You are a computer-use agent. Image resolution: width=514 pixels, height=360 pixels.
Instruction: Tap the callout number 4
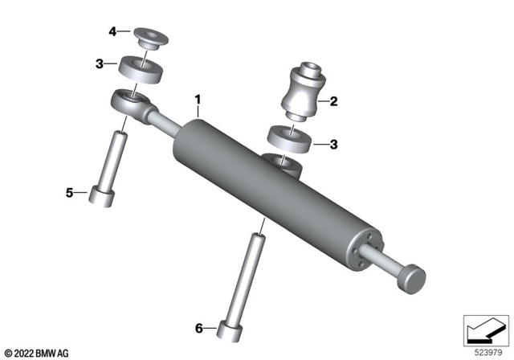tap(113, 31)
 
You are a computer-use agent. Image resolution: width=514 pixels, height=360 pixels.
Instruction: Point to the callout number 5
tap(69, 192)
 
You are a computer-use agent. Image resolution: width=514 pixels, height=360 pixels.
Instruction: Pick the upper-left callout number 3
tap(99, 63)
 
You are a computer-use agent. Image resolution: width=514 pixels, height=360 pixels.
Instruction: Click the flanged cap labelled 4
tap(147, 38)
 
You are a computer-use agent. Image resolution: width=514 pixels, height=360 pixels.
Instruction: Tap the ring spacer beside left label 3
tap(144, 67)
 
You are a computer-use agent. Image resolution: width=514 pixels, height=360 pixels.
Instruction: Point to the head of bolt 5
tap(104, 197)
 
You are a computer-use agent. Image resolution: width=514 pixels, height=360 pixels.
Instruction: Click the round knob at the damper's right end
tap(414, 277)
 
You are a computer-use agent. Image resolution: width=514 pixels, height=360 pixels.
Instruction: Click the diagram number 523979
tap(484, 352)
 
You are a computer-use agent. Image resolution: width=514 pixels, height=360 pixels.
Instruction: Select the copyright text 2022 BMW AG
tap(37, 352)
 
